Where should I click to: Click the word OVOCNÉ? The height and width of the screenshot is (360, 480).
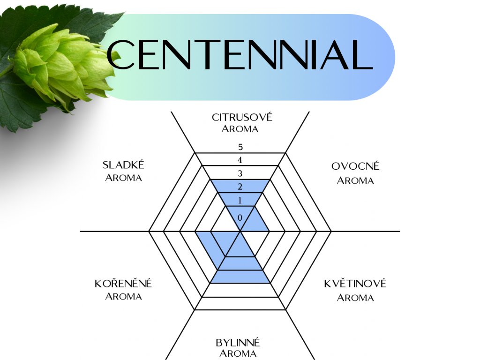[x=355, y=166]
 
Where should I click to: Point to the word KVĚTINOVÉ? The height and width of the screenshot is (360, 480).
[x=355, y=284]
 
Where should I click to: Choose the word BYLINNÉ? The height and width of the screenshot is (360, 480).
[x=238, y=342]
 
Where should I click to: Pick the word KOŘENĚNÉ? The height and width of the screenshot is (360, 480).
[x=123, y=284]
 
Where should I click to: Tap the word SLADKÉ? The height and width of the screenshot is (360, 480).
[x=123, y=165]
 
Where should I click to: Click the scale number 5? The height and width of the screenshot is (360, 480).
[x=240, y=147]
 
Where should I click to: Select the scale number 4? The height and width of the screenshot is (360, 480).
[x=240, y=160]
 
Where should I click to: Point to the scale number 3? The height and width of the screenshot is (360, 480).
[x=240, y=174]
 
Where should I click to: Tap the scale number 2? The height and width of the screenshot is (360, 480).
[x=240, y=187]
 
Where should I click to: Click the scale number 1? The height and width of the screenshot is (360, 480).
[x=240, y=201]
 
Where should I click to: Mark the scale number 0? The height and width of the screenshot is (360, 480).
[x=240, y=218]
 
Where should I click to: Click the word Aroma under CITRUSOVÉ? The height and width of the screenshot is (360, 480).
[x=240, y=129]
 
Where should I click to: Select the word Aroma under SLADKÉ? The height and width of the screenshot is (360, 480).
[x=123, y=178]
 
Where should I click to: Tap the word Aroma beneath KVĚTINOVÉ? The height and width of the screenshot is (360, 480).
[x=355, y=298]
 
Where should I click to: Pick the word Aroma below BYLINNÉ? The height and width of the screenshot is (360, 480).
[x=238, y=354]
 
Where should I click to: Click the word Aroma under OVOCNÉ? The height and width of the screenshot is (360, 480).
[x=355, y=180]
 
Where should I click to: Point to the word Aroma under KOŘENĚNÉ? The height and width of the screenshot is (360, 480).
[x=123, y=297]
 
